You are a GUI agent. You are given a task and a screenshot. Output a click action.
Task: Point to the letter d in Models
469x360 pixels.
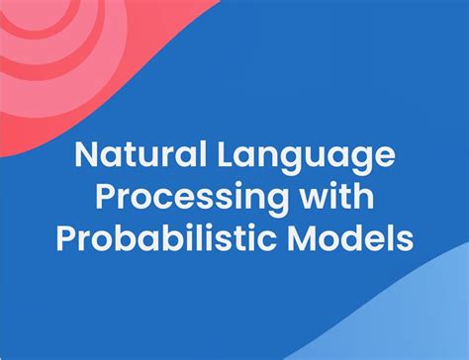(x=356, y=237)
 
